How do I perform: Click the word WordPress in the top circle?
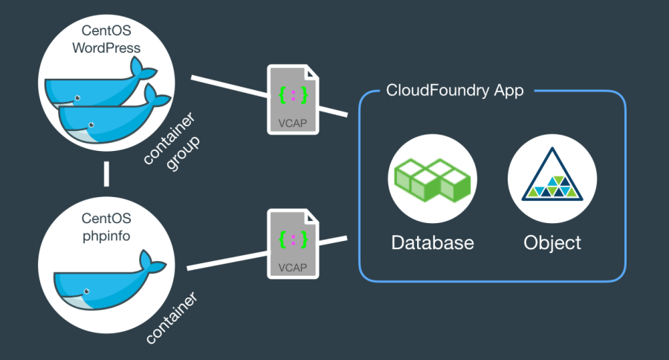106,48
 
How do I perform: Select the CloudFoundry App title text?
455,91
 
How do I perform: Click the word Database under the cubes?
432,242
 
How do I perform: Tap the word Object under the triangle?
552,242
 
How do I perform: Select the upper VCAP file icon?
293,100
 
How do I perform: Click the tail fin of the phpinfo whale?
152,263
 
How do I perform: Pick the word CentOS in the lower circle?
106,219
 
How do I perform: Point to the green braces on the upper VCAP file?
292,95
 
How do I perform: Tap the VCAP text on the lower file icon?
292,266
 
